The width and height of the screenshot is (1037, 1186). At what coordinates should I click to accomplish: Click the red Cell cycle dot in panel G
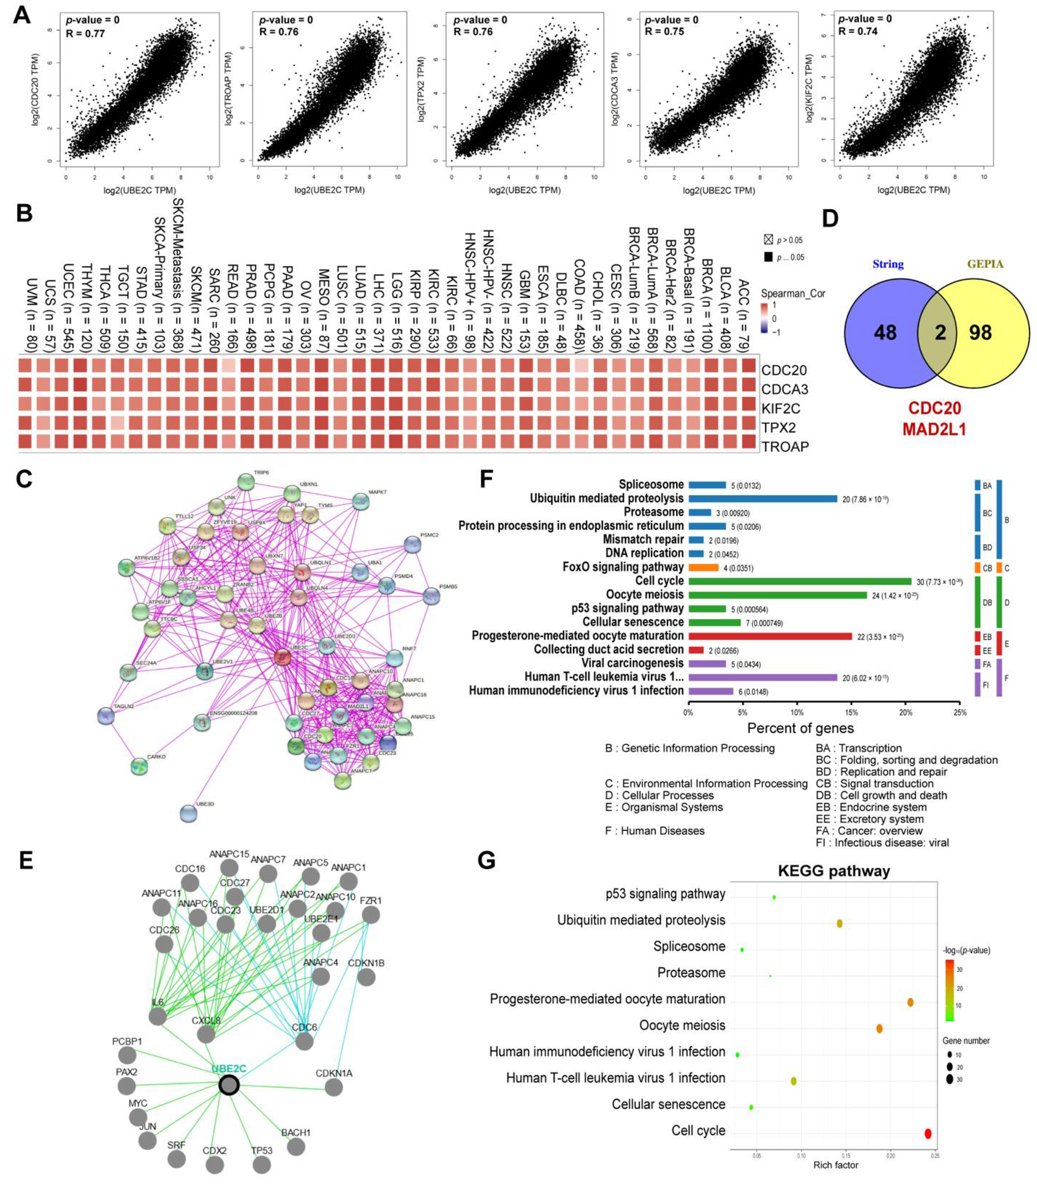click(x=928, y=1133)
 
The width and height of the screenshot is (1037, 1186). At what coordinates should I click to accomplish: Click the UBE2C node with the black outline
click(x=229, y=1085)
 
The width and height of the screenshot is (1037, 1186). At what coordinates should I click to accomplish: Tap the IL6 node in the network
click(x=157, y=1016)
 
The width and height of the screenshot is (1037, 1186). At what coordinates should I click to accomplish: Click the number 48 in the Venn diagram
click(x=885, y=332)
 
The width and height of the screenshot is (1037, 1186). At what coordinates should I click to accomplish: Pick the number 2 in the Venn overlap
click(x=940, y=332)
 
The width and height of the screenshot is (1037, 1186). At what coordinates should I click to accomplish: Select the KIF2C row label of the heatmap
click(x=780, y=409)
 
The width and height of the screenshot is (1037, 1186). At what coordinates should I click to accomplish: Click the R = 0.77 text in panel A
click(x=86, y=33)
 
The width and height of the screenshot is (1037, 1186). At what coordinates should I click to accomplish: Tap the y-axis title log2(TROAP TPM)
click(x=229, y=89)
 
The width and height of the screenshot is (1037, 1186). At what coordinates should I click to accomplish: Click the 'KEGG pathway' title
click(x=834, y=871)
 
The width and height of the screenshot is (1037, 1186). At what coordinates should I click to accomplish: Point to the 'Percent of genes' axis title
click(x=800, y=728)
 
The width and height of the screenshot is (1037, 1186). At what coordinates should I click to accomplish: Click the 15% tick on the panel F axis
click(x=851, y=713)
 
